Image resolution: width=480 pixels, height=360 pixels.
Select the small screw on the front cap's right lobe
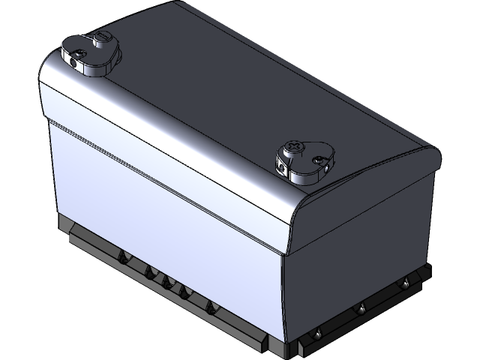click(x=320, y=159)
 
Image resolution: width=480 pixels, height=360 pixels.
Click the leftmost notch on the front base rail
click(x=120, y=259)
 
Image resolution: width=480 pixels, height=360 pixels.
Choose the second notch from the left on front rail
click(x=148, y=271)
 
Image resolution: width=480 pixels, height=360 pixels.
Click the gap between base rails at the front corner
click(x=295, y=349)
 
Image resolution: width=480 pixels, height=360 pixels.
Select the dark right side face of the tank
click(x=360, y=240)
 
